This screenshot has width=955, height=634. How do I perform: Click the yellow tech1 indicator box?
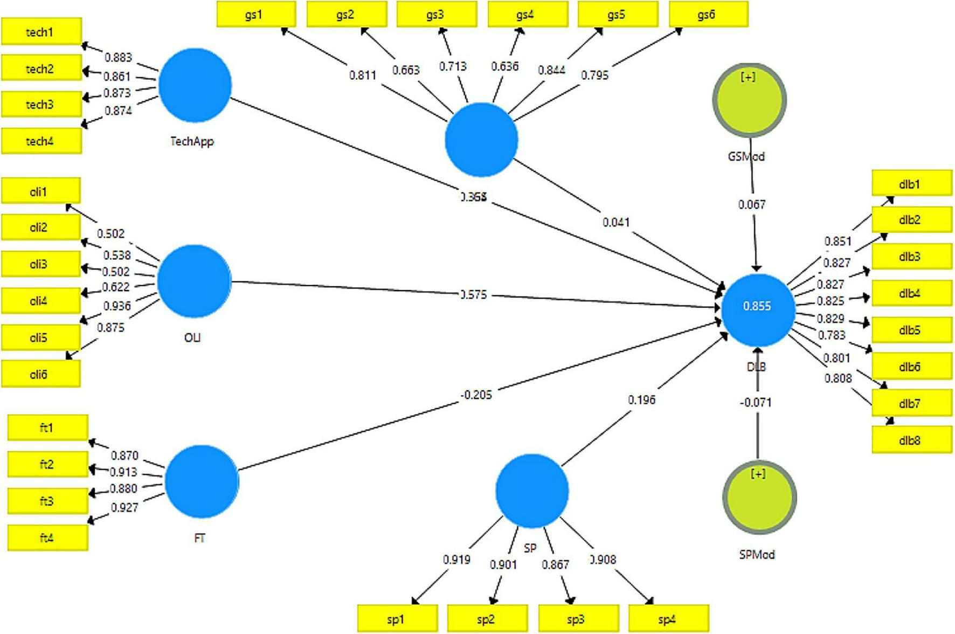pyautogui.click(x=41, y=32)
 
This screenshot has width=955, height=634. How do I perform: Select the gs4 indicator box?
pyautogui.click(x=527, y=15)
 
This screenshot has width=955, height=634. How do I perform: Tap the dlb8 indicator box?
pyautogui.click(x=911, y=440)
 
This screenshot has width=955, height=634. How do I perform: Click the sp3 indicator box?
pyautogui.click(x=578, y=619)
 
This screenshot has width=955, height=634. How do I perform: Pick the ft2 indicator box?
pyautogui.click(x=47, y=464)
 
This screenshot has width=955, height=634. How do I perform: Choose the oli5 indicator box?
pyautogui.click(x=40, y=337)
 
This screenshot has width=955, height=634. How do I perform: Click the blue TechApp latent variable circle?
pyautogui.click(x=195, y=86)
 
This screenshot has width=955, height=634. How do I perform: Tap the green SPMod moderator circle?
pyautogui.click(x=759, y=497)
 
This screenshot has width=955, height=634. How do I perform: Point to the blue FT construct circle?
pyautogui.click(x=201, y=481)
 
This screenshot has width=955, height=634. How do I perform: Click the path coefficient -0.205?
pyautogui.click(x=476, y=395)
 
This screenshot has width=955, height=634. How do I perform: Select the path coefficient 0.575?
pyautogui.click(x=474, y=295)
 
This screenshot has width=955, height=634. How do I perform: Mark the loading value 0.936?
pyautogui.click(x=117, y=306)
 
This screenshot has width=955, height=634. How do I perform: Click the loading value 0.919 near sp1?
pyautogui.click(x=456, y=560)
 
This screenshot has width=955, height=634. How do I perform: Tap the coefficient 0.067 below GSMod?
pyautogui.click(x=751, y=204)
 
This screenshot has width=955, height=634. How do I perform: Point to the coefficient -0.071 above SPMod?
pyautogui.click(x=756, y=402)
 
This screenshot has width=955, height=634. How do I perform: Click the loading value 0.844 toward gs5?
pyautogui.click(x=551, y=70)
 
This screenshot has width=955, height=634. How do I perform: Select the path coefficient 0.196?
pyautogui.click(x=641, y=399)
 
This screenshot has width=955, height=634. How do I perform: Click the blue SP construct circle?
pyautogui.click(x=531, y=491)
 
